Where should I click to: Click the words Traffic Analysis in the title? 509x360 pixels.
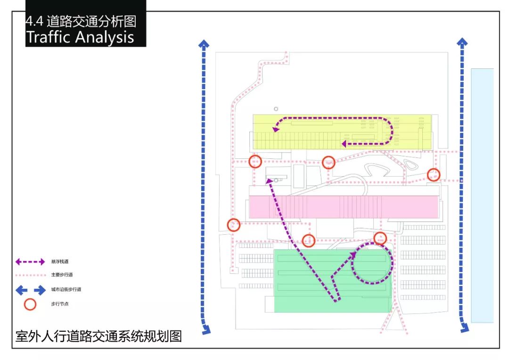click(80, 37)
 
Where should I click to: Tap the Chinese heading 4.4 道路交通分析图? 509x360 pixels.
click(81, 21)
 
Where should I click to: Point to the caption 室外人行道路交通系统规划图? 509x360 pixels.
click(99, 336)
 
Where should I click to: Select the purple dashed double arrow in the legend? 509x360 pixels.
click(30, 262)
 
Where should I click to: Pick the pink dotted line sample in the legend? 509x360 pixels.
click(30, 275)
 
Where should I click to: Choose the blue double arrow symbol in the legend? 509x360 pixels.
click(30, 289)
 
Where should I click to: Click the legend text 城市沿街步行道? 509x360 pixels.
click(62, 289)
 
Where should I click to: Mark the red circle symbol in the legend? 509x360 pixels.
click(30, 304)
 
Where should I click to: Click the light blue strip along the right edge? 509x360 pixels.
click(482, 195)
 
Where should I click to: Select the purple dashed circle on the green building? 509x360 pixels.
click(372, 263)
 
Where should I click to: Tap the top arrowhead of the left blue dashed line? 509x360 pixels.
click(204, 44)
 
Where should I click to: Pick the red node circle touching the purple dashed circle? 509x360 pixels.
click(380, 238)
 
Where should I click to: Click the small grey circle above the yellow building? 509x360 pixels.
click(276, 109)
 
